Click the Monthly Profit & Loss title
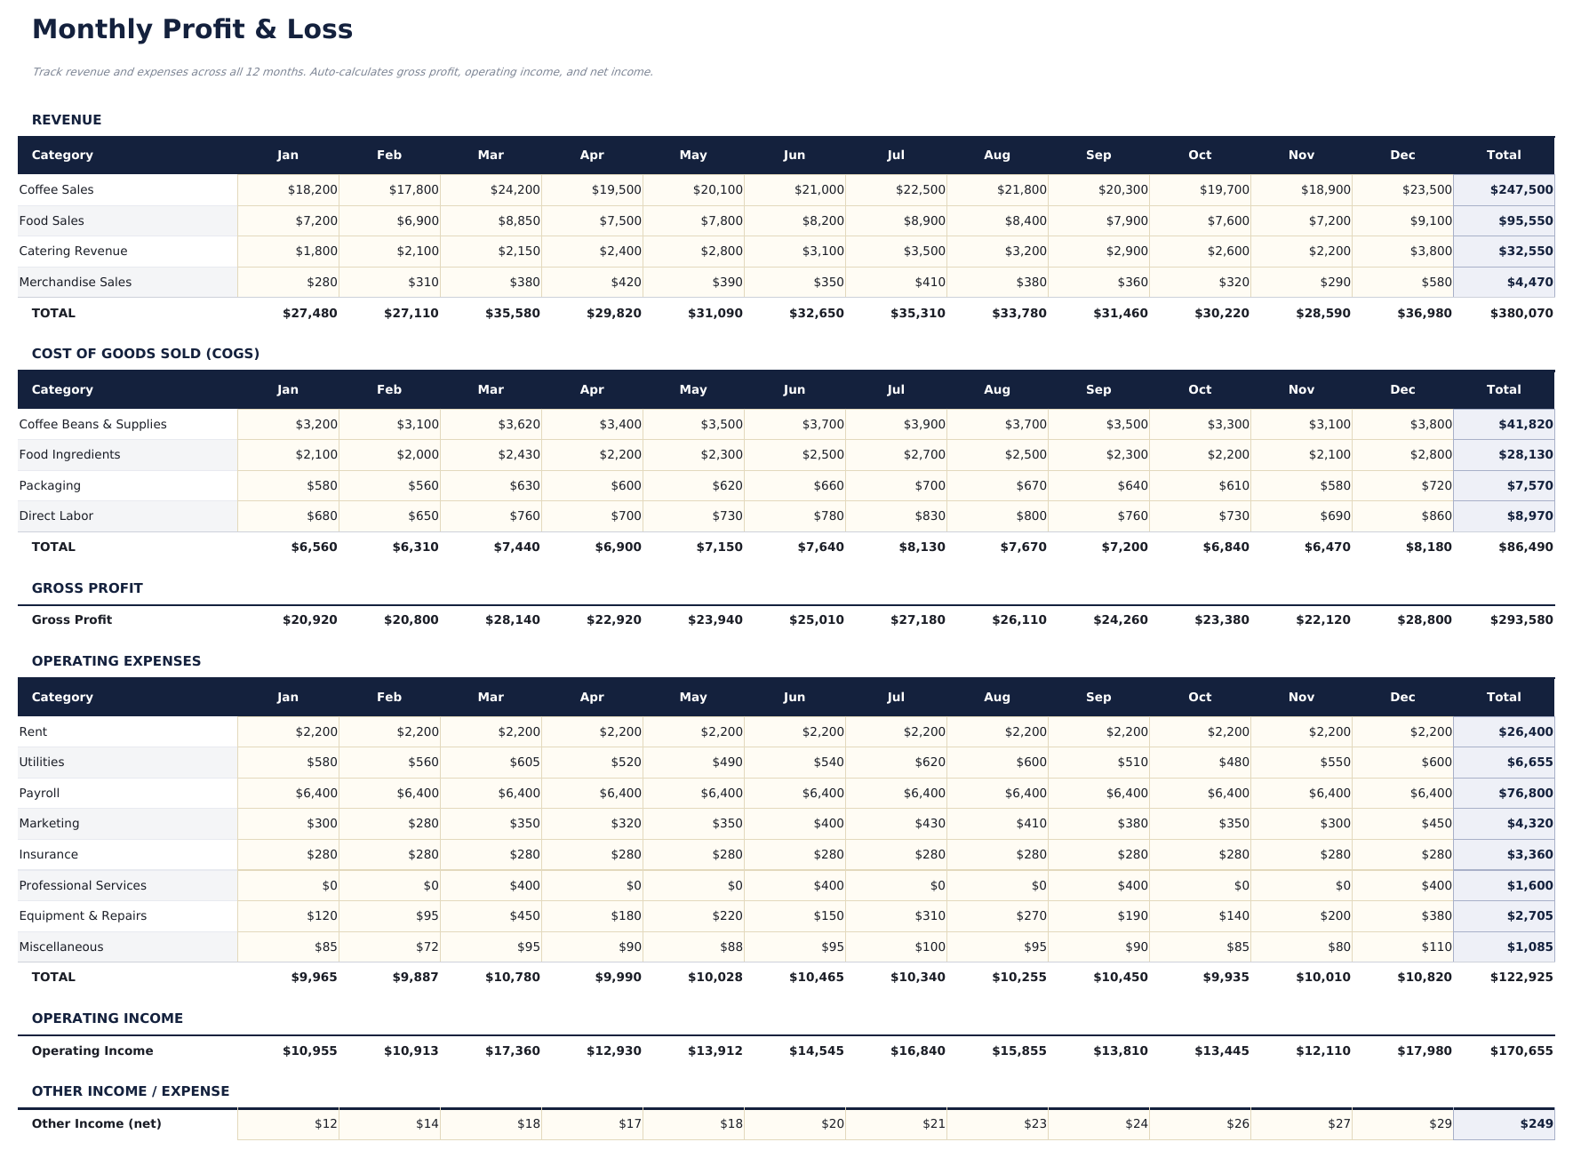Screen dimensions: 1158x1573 [192, 29]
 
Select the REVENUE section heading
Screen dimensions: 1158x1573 [67, 120]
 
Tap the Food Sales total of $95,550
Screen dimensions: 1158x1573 [1525, 221]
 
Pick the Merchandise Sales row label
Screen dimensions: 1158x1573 [76, 283]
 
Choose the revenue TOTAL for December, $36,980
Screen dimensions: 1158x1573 [1424, 314]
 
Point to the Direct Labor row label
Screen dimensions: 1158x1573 [56, 516]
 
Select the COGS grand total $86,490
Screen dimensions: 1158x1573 [1521, 547]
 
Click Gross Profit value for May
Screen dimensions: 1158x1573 [715, 620]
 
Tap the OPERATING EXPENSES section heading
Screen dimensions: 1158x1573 [116, 661]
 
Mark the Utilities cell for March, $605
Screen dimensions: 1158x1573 [524, 763]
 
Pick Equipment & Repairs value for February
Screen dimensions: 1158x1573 [426, 916]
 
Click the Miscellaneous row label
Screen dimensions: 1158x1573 [61, 947]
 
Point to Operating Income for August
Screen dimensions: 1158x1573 [1018, 1051]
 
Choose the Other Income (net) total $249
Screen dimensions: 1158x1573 [1536, 1124]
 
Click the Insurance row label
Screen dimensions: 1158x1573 [49, 855]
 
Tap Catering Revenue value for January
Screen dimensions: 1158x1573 [316, 252]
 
